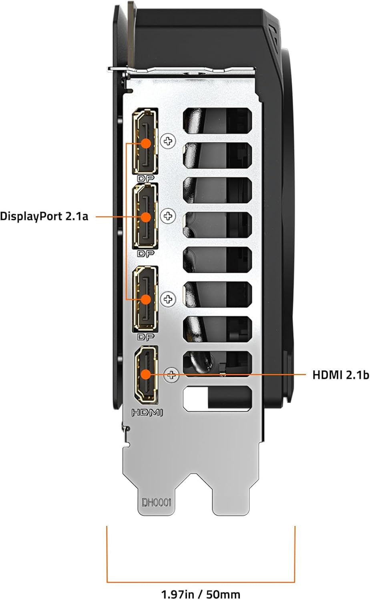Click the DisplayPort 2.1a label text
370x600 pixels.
44,216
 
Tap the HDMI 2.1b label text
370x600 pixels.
340,375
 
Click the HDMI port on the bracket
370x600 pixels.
146,374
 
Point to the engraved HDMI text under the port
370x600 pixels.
147,412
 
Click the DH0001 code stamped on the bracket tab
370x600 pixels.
156,502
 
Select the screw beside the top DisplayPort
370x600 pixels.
168,141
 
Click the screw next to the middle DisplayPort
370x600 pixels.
168,216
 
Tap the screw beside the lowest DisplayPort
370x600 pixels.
168,299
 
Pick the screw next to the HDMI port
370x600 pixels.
172,374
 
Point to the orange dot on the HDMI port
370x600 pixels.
146,374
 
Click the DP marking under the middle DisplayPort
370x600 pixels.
146,254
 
